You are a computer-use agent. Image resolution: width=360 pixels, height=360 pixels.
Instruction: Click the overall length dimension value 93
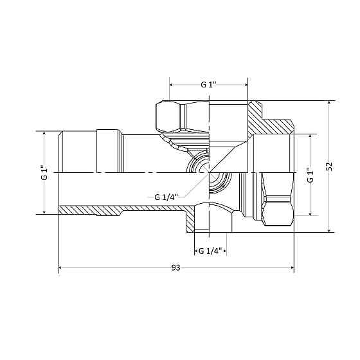coord(175,266)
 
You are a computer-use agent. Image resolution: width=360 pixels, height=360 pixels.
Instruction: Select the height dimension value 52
coord(328,166)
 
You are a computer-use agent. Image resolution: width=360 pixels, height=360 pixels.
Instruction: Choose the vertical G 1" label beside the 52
coord(310,175)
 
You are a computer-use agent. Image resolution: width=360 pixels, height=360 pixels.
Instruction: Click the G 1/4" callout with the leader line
coord(166,197)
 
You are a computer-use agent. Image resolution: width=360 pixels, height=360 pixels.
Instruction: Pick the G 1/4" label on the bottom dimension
coord(210,250)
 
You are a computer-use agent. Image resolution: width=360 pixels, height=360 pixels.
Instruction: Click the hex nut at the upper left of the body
coord(181,115)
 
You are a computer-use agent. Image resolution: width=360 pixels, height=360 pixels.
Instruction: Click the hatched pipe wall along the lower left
coord(122,210)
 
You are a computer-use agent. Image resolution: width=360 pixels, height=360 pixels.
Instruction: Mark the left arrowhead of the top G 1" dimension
coord(172,84)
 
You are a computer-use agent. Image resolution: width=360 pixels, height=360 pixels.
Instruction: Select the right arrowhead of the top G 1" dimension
coord(246,84)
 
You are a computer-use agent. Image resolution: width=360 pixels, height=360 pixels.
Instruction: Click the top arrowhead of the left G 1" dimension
coord(44,134)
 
